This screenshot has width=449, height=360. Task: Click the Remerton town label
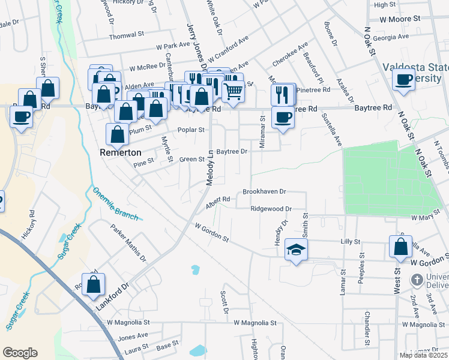pyautogui.click(x=121, y=153)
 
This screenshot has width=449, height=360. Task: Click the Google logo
pyautogui.click(x=20, y=353)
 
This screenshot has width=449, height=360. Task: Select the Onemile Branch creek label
pyautogui.click(x=115, y=204)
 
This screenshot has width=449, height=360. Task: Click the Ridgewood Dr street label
pyautogui.click(x=271, y=209)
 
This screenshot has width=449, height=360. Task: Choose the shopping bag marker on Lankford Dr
pyautogui.click(x=93, y=286)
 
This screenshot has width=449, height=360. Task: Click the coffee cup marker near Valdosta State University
pyautogui.click(x=404, y=80)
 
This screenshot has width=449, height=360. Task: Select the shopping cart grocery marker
pyautogui.click(x=233, y=92)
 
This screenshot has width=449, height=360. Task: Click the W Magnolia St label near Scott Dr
pyautogui.click(x=255, y=323)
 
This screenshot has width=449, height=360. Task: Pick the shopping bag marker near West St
pyautogui.click(x=400, y=247)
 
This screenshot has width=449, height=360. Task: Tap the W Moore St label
pyautogui.click(x=399, y=19)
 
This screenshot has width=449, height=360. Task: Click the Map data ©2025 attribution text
pyautogui.click(x=423, y=355)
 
